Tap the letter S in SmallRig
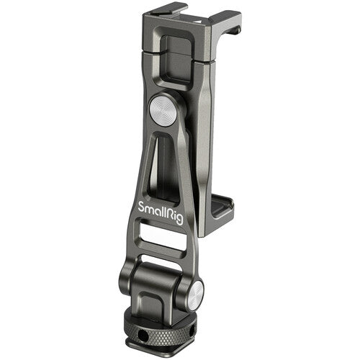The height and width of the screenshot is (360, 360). tap(142, 206)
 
